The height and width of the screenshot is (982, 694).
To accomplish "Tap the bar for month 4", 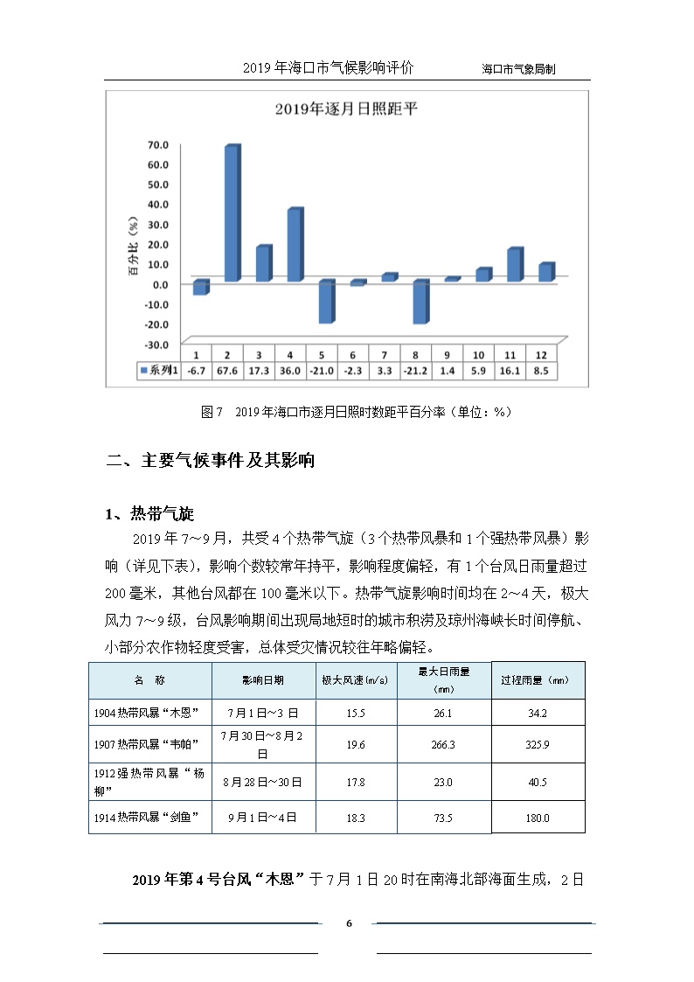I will tap(294, 245).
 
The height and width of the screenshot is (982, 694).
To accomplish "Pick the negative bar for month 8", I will tap(419, 302).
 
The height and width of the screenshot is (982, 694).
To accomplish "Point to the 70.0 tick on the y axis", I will tap(157, 145).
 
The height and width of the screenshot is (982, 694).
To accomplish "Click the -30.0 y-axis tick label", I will tap(156, 344).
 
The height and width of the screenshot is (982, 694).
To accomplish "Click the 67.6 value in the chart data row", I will tap(227, 371).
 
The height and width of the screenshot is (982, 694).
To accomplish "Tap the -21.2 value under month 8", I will tap(416, 371).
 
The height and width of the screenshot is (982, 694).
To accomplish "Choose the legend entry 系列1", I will tap(159, 371).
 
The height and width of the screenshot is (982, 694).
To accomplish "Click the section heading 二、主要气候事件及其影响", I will tap(210, 461).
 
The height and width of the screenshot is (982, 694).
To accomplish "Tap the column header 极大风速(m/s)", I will tap(355, 680).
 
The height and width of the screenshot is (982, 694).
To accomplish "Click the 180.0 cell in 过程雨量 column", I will tap(537, 818).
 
